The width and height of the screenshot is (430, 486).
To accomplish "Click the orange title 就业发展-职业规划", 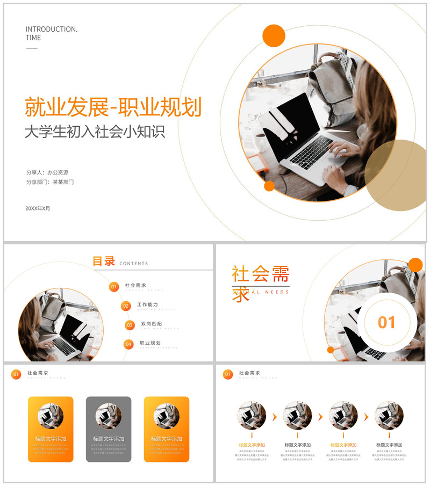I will [x=113, y=107].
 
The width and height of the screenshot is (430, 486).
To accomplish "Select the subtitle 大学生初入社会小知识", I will [x=95, y=132].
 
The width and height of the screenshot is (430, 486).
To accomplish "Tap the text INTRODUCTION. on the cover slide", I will [x=52, y=29].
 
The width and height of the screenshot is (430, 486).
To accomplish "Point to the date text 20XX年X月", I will [x=38, y=208].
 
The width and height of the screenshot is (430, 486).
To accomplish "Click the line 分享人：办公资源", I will [x=47, y=172].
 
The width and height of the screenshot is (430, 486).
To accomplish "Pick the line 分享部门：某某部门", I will [x=50, y=182].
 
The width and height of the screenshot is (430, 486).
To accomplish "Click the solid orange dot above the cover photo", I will [x=274, y=35].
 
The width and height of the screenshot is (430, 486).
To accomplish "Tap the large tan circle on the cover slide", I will [x=398, y=175].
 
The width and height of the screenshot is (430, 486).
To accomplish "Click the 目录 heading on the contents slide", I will [x=104, y=262].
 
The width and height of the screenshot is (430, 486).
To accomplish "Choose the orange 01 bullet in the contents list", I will [x=114, y=287].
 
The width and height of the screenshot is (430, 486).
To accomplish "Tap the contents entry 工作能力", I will [x=147, y=304].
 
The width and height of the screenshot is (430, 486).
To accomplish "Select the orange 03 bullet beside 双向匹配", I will [x=130, y=325].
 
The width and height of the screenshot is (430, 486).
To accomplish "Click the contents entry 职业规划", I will [x=150, y=343].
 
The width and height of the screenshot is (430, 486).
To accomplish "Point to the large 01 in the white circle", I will [x=386, y=322].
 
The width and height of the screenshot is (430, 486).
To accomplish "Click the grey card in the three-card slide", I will [x=109, y=429].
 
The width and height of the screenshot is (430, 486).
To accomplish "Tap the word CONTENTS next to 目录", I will [x=134, y=264].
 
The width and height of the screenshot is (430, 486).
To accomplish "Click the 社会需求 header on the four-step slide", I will [x=249, y=373].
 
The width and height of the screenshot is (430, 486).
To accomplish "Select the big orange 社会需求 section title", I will [x=260, y=275].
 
